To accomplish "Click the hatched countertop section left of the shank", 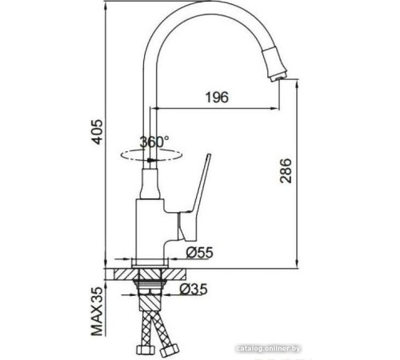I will (x=127, y=272).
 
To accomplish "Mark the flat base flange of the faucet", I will (x=149, y=262).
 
